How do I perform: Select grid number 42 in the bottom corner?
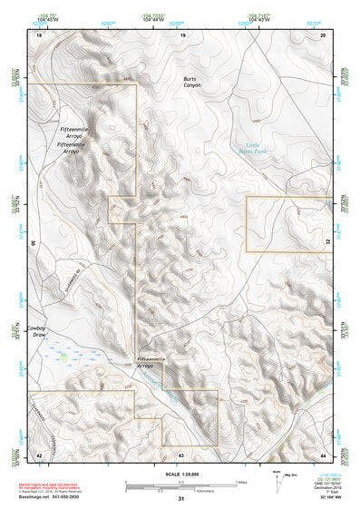coord(38,454)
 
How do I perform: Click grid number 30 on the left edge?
coord(33,243)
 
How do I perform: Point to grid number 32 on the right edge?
coord(327,243)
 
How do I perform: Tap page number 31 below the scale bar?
coord(180,499)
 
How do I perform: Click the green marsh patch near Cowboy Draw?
coord(65,356)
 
